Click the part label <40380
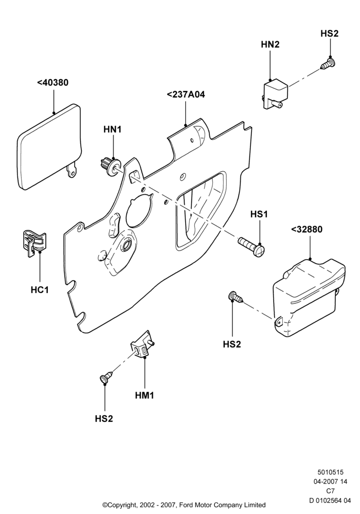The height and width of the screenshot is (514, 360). (x=53, y=83)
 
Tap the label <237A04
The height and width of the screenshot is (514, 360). (x=186, y=95)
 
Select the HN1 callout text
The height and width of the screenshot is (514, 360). (x=113, y=130)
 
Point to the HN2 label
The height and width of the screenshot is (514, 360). (x=270, y=45)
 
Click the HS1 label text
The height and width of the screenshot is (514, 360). (x=259, y=214)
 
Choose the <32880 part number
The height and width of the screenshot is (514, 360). (x=307, y=229)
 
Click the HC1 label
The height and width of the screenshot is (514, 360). (x=40, y=290)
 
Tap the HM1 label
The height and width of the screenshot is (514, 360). (x=145, y=395)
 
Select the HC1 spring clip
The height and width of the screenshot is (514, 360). (x=35, y=243)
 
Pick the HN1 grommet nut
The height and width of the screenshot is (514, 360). (x=110, y=166)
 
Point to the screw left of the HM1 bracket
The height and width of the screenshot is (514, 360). (x=106, y=377)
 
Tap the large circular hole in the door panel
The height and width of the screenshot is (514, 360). (x=139, y=210)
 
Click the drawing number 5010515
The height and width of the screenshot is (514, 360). (x=330, y=472)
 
